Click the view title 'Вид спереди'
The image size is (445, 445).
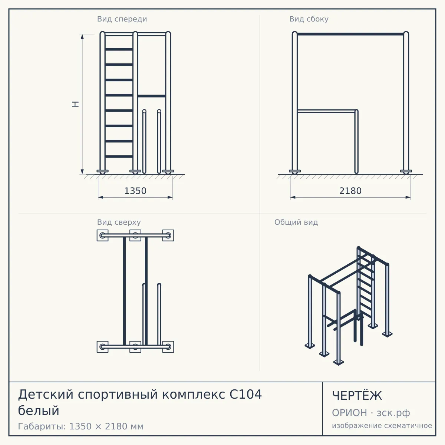click(x=122, y=19)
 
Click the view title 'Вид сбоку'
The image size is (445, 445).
click(x=309, y=19)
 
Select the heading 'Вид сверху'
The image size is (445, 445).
click(x=119, y=222)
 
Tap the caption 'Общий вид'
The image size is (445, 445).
click(x=296, y=222)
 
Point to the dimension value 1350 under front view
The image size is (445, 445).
click(x=135, y=191)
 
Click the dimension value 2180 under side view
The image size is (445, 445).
click(x=350, y=191)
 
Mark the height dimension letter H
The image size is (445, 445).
click(x=76, y=104)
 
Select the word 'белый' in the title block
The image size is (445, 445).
click(x=39, y=411)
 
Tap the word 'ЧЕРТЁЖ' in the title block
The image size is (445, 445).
click(x=357, y=396)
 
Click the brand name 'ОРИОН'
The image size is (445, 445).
click(x=349, y=413)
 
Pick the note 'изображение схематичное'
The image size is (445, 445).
click(x=382, y=426)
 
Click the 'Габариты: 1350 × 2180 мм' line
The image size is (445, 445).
click(x=80, y=426)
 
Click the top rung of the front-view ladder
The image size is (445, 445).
click(x=119, y=49)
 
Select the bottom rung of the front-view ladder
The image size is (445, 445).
click(x=119, y=156)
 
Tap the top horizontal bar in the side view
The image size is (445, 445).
click(x=350, y=34)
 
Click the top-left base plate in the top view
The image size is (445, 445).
click(x=102, y=235)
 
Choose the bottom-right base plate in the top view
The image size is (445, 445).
click(x=168, y=347)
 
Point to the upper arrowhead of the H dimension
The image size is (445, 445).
click(x=82, y=36)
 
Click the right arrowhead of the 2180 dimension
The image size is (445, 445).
click(x=408, y=197)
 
